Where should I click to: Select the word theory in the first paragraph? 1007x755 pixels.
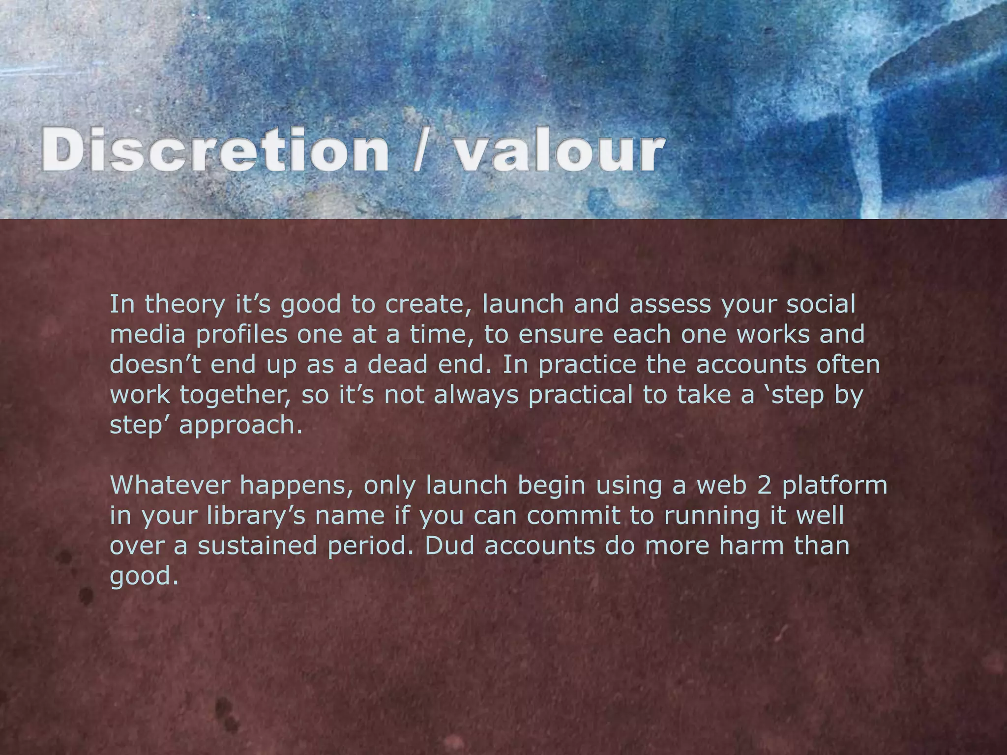coord(184,305)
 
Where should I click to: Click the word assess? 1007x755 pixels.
coord(670,305)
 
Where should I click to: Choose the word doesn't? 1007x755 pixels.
coord(155,365)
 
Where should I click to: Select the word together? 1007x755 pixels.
coord(236,395)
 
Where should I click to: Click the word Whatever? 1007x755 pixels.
coord(170,486)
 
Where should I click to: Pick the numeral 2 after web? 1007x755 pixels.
coord(764,486)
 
